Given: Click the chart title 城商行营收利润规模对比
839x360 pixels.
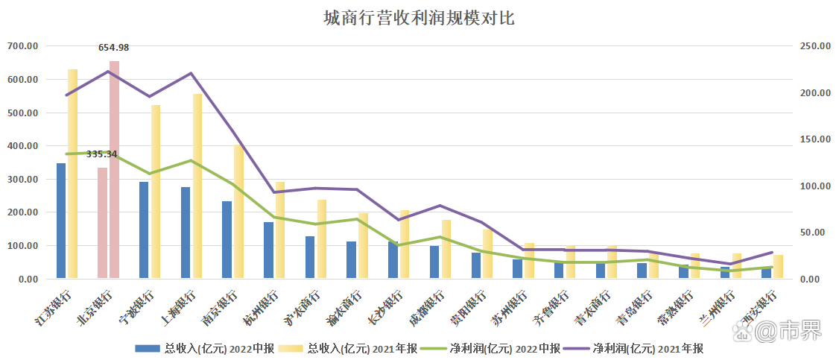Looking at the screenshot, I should click(419, 18).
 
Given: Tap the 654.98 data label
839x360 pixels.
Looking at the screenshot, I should click(114, 48).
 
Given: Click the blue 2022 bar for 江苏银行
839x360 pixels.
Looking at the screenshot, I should click(61, 221).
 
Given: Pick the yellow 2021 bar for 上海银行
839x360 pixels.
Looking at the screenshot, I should click(197, 186).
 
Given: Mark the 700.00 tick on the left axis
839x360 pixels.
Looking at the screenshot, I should click(22, 46).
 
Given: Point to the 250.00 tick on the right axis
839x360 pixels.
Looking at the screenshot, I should click(815, 46).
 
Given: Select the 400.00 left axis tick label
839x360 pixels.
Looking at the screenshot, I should click(22, 146).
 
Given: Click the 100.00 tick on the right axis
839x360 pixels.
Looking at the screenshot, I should click(815, 186).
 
